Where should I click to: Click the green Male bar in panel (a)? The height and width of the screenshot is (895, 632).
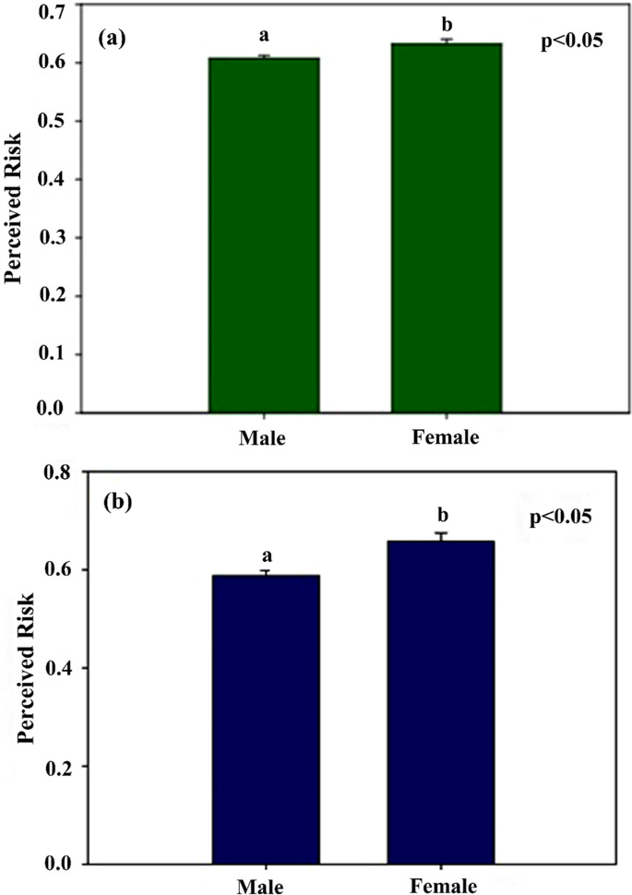pyautogui.click(x=264, y=235)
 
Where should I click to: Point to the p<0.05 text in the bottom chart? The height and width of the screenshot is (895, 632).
pyautogui.click(x=559, y=517)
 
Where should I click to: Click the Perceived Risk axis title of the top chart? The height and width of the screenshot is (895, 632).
pyautogui.click(x=16, y=210)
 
